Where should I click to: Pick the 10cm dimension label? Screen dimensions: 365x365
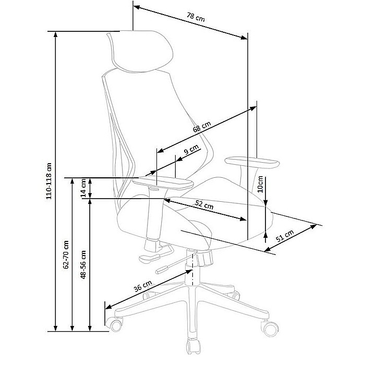coord(260,184)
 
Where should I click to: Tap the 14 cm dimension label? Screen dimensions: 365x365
coord(83,188)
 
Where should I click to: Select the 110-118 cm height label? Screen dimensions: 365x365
coord(50,180)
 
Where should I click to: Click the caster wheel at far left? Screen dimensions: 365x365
coord(113,324)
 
